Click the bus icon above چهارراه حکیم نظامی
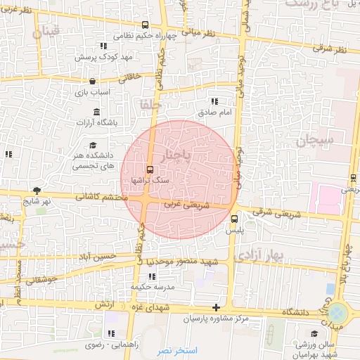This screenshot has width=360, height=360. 144,24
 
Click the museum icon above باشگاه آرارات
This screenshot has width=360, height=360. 96,112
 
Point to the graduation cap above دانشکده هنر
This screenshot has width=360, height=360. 93,145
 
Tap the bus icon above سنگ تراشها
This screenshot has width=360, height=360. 149,169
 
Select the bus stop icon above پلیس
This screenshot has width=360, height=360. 234,218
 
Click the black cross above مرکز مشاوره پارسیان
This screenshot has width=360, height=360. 216,308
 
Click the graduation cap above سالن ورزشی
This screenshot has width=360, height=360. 316,333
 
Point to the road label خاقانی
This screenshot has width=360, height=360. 132,77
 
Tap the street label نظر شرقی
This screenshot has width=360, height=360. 330,49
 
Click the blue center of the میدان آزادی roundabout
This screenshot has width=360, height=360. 340,311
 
